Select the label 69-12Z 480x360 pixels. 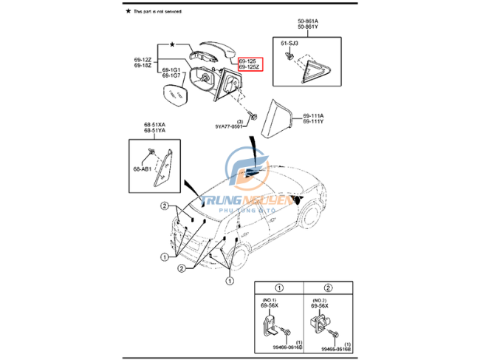[x=143, y=59]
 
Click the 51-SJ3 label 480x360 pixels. [x=289, y=44]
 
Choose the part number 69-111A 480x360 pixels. [x=313, y=117]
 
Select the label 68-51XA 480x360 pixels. [x=155, y=125]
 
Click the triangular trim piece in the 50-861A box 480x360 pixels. [x=318, y=64]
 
